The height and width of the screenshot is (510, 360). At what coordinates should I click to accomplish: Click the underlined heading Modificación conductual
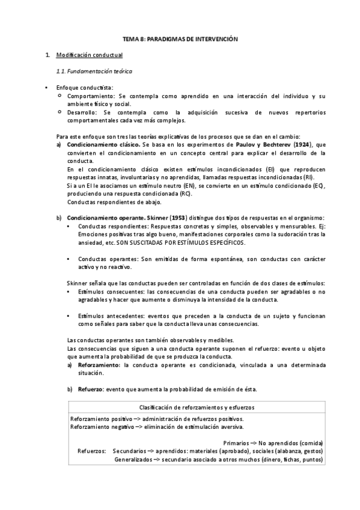[89, 55]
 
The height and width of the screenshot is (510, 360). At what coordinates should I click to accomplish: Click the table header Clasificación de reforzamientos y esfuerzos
[197, 407]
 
